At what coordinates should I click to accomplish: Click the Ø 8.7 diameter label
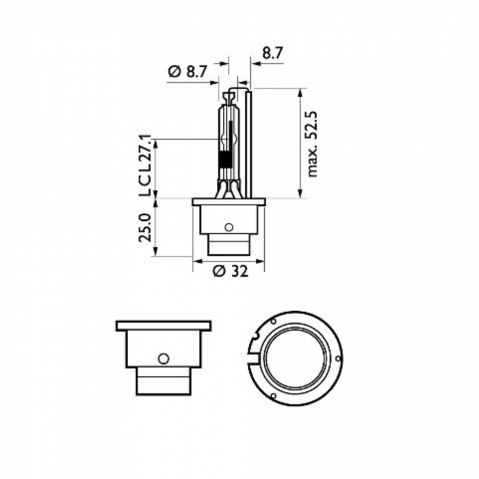coord(187,71)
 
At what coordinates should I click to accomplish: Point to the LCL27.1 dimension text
coord(144,166)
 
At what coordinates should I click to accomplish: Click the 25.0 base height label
coord(144,227)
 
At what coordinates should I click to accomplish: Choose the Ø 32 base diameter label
coord(229,270)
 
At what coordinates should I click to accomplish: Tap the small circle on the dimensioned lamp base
coord(229,226)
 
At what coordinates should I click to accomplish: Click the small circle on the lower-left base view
coord(163,358)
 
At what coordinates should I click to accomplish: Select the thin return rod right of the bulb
coord(248,144)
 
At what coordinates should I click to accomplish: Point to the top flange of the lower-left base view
coord(163,326)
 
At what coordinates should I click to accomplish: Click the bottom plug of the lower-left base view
coord(163,380)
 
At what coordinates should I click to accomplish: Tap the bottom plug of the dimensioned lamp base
coord(229,245)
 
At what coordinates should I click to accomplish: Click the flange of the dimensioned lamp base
coord(229,202)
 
